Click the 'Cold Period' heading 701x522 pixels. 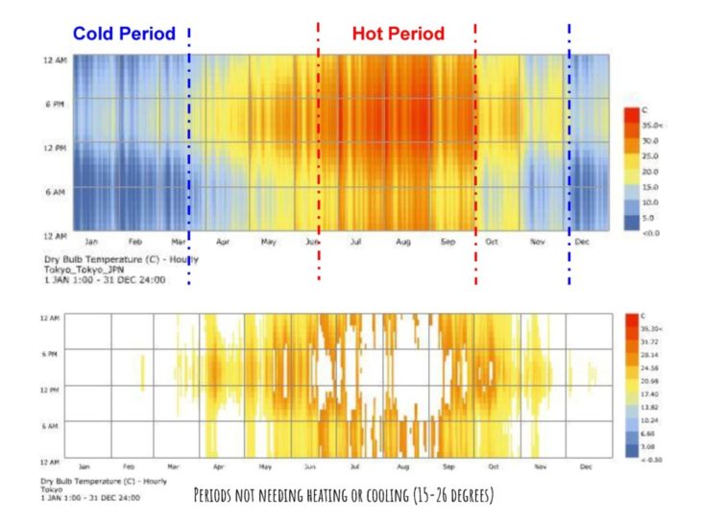click(x=124, y=34)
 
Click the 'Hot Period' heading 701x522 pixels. click(x=398, y=34)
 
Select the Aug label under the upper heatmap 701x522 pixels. click(x=403, y=243)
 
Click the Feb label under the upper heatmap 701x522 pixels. click(x=135, y=243)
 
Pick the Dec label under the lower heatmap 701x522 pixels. click(x=585, y=465)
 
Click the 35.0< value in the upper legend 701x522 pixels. click(x=652, y=125)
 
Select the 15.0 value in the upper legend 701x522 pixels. click(x=650, y=186)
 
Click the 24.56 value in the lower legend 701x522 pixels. click(x=651, y=367)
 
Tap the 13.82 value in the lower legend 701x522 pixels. click(x=651, y=407)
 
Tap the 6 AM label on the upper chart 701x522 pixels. click(x=54, y=191)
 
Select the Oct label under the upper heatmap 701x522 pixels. click(x=493, y=243)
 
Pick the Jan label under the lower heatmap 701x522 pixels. click(x=85, y=465)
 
